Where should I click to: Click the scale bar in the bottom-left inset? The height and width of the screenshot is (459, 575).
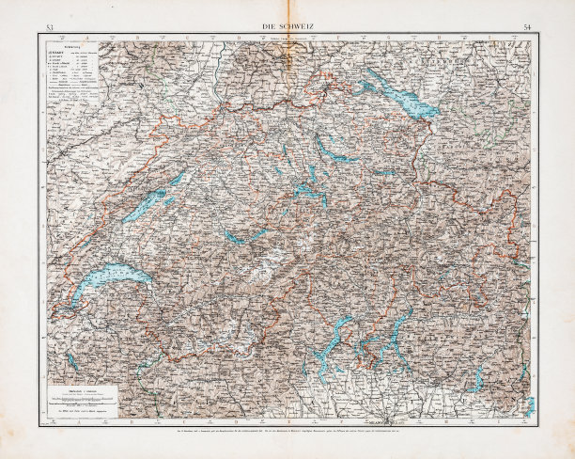tap(79, 399)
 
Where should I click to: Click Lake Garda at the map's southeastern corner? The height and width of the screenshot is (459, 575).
tap(530, 404)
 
